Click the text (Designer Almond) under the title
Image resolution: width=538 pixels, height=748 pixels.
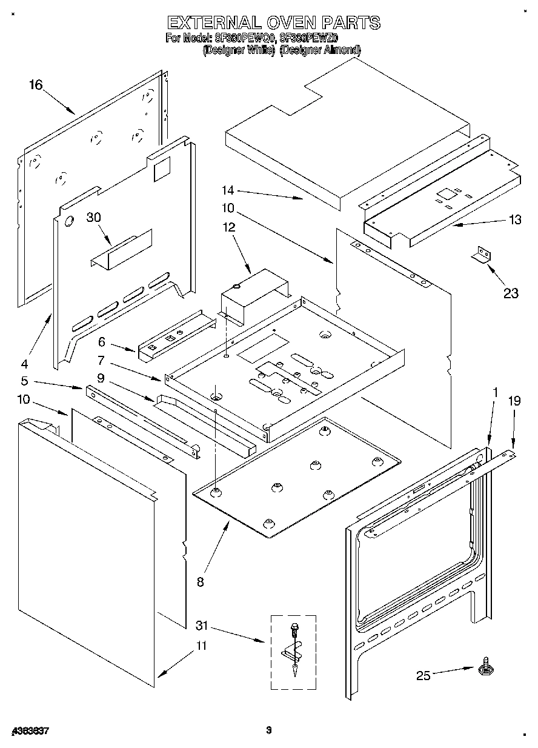coord(320,50)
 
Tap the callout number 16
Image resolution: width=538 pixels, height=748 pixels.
coord(36,84)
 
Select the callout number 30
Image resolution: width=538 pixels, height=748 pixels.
coord(93,218)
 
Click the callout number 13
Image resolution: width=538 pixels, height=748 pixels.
coord(515,220)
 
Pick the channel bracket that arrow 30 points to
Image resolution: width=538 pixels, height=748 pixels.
coord(121,249)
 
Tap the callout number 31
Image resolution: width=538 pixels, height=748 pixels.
coord(202,625)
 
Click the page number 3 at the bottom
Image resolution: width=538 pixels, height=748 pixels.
coord(268,730)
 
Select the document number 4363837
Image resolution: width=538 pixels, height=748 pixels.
coord(30,731)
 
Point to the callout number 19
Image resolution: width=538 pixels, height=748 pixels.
coord(514,400)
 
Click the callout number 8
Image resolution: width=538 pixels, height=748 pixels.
coord(201,581)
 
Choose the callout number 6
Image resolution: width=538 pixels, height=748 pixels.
coord(102,341)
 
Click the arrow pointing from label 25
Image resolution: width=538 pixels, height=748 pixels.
coord(453,671)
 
